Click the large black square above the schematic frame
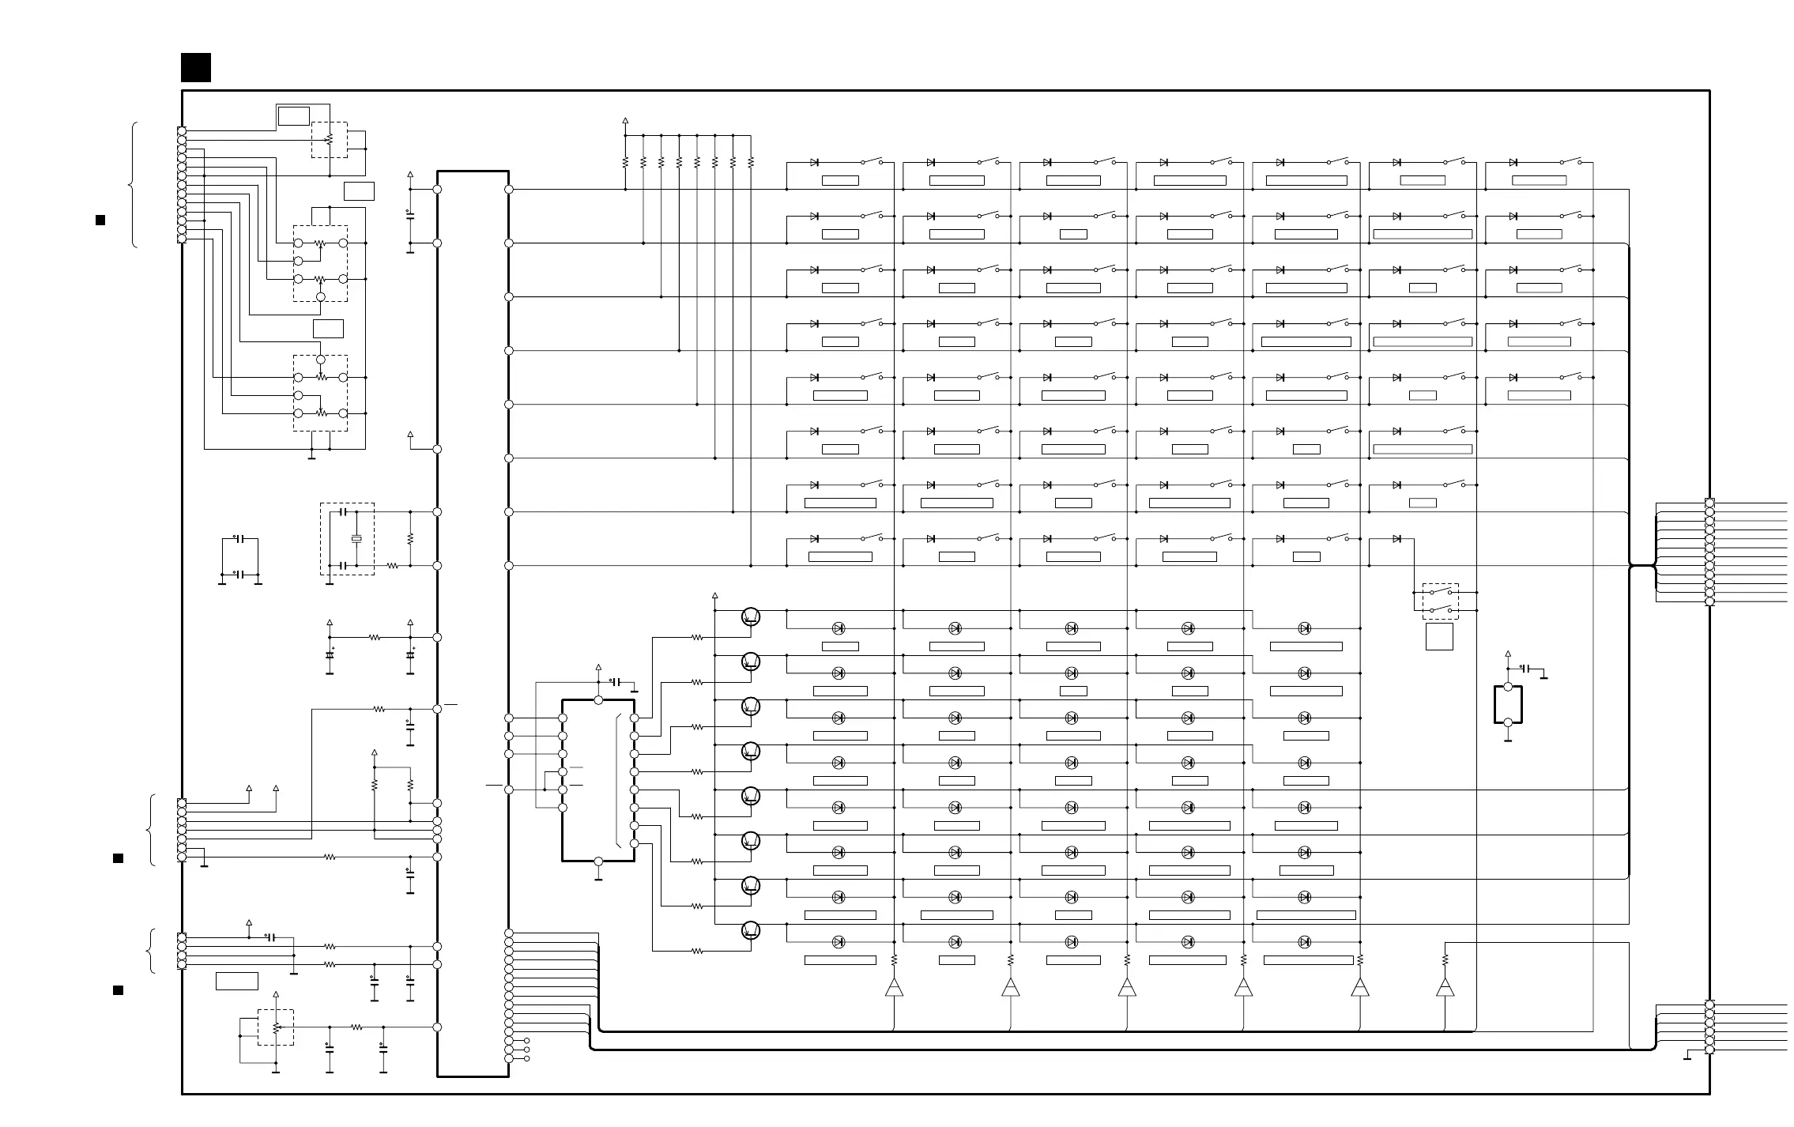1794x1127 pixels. [196, 68]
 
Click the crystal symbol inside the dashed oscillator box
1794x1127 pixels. [356, 539]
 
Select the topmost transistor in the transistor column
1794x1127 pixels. [751, 616]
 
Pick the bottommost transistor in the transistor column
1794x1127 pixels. [751, 930]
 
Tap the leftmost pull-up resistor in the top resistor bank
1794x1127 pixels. [625, 162]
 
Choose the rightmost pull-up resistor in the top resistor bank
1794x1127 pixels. [751, 162]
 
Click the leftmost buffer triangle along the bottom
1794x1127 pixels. [894, 987]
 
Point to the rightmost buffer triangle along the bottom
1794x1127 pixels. [1445, 987]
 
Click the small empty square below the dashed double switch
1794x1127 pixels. [1439, 636]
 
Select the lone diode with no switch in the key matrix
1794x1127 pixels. [1396, 539]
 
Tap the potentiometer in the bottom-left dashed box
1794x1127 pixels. [276, 1027]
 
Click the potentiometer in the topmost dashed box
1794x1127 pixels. [330, 140]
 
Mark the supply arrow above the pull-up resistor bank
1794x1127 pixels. [625, 122]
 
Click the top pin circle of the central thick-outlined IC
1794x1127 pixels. [598, 700]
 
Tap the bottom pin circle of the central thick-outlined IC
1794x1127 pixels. [598, 861]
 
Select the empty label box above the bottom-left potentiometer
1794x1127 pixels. [237, 981]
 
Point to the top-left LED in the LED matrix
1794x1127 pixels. [839, 628]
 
